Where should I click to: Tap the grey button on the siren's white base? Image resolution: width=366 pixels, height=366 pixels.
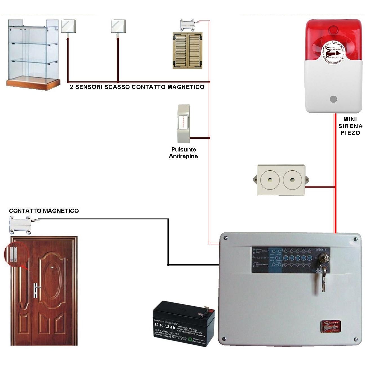pyautogui.click(x=333, y=99)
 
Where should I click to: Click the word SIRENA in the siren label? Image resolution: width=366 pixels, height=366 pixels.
pyautogui.click(x=350, y=126)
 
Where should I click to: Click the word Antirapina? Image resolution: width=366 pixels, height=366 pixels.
pyautogui.click(x=183, y=156)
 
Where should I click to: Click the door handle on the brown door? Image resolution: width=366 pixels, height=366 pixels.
pyautogui.click(x=36, y=290)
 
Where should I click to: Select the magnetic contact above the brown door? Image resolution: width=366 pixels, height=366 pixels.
pyautogui.click(x=21, y=224)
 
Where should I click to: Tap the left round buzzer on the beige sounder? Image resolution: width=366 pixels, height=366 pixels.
pyautogui.click(x=270, y=180)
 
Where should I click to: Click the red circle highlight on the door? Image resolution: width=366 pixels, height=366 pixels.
pyautogui.click(x=16, y=255)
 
